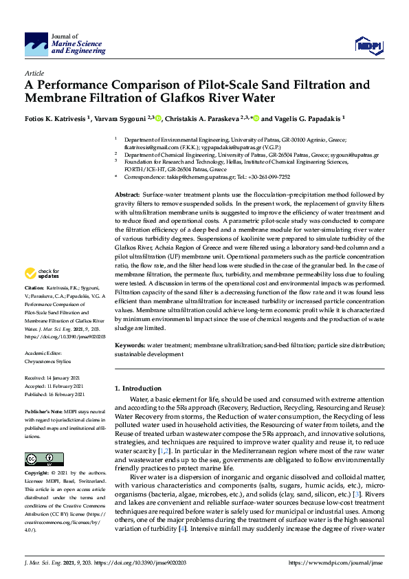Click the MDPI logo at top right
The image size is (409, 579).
click(x=367, y=45)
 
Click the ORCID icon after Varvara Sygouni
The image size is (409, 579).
click(x=158, y=118)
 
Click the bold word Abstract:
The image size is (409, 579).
click(x=128, y=195)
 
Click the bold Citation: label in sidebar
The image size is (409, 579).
click(x=34, y=305)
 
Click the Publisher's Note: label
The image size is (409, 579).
click(x=42, y=410)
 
